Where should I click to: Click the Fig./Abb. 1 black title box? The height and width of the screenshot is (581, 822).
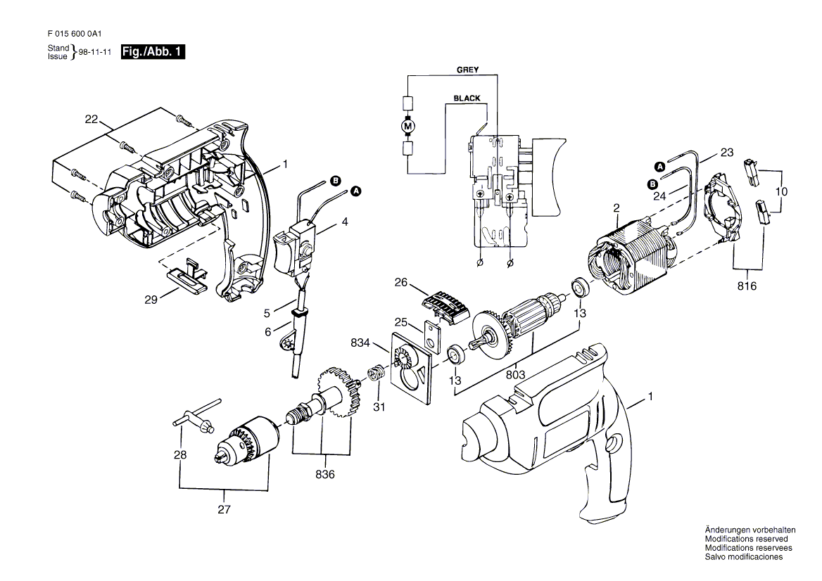pyautogui.click(x=153, y=51)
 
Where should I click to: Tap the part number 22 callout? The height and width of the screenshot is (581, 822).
pyautogui.click(x=91, y=120)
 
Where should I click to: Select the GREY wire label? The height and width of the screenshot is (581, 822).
pyautogui.click(x=467, y=70)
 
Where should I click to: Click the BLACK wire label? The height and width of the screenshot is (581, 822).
pyautogui.click(x=467, y=98)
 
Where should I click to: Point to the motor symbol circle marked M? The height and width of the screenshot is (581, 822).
pyautogui.click(x=407, y=126)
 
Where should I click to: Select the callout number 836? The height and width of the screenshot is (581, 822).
pyautogui.click(x=325, y=475)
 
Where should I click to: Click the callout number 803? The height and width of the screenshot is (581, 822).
pyautogui.click(x=515, y=375)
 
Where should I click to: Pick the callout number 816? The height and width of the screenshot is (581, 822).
pyautogui.click(x=747, y=286)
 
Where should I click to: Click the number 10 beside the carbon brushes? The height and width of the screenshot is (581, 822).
pyautogui.click(x=781, y=192)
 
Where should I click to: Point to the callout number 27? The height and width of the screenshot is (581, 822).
pyautogui.click(x=224, y=509)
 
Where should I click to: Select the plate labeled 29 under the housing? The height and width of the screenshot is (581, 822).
pyautogui.click(x=187, y=271)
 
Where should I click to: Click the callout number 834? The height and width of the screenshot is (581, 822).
pyautogui.click(x=360, y=343)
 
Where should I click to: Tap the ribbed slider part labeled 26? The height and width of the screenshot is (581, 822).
pyautogui.click(x=445, y=307)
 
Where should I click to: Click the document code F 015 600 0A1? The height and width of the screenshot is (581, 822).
pyautogui.click(x=75, y=34)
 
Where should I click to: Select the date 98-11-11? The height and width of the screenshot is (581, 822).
pyautogui.click(x=95, y=52)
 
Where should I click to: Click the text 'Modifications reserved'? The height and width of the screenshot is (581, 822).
pyautogui.click(x=746, y=539)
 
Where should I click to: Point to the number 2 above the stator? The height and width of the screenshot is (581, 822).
pyautogui.click(x=616, y=208)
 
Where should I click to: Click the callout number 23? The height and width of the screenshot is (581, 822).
pyautogui.click(x=726, y=153)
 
